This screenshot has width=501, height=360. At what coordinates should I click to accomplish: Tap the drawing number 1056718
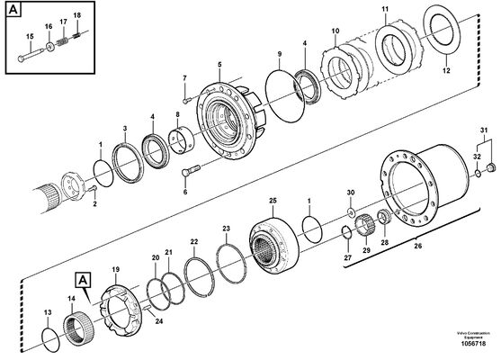point(471,343)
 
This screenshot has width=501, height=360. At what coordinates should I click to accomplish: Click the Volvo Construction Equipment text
point(470,331)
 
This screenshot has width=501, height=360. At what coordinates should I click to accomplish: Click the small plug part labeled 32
point(490,168)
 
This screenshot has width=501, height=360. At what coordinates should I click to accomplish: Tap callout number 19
point(115,269)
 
